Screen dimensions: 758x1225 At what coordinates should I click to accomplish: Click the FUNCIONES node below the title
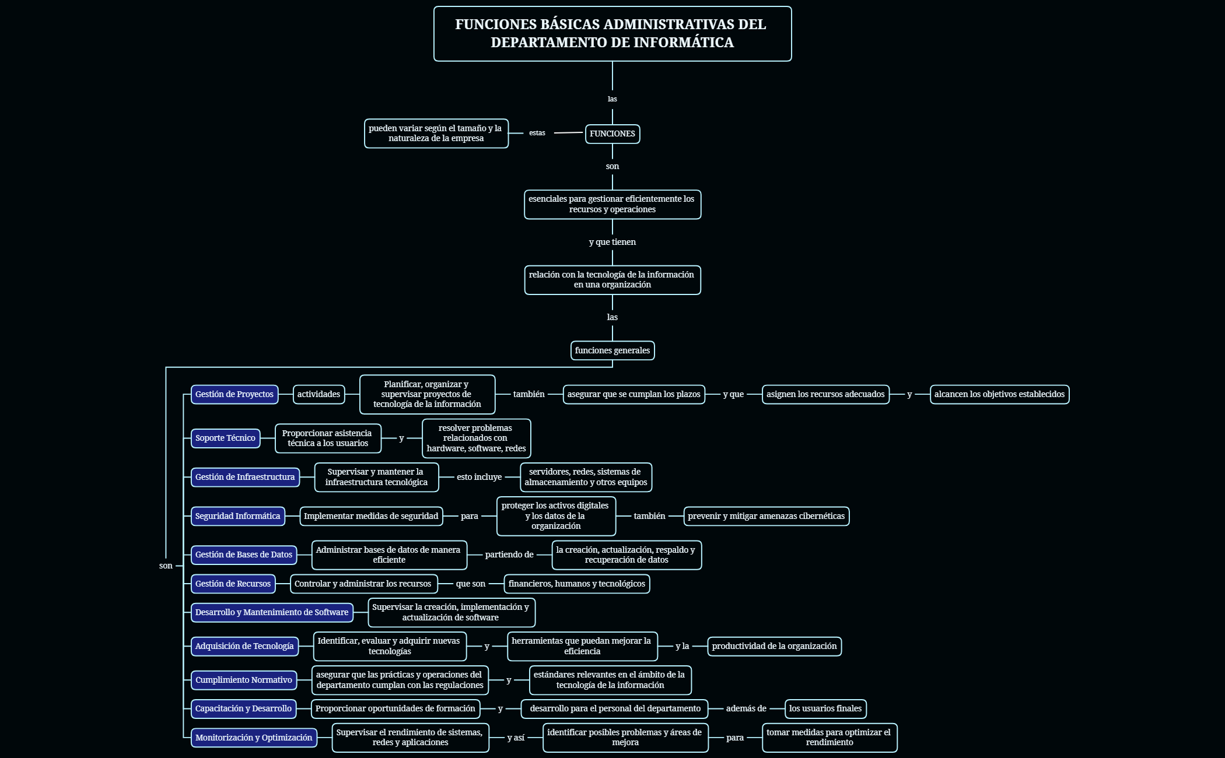[x=612, y=134]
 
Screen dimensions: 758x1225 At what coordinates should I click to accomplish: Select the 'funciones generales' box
[x=612, y=350]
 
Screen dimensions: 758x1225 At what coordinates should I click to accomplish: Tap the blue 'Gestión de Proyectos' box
[x=234, y=394]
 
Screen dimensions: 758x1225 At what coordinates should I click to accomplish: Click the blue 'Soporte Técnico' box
[x=225, y=438]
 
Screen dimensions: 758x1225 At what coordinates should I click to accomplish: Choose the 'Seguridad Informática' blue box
[x=237, y=516]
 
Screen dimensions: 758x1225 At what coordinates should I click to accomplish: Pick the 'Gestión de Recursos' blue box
[x=233, y=584]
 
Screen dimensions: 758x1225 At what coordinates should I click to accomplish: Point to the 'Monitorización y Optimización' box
[x=254, y=738]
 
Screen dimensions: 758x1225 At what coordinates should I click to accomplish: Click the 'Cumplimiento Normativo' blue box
[x=243, y=680]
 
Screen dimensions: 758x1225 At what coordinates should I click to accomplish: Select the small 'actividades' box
[x=318, y=394]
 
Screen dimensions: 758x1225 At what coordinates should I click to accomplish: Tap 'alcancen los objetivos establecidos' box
[x=999, y=394]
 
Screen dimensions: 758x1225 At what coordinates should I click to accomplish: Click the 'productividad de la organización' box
[x=774, y=646]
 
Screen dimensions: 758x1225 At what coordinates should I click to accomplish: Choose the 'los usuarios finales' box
[x=825, y=708]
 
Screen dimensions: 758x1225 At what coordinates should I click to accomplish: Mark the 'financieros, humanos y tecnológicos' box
[x=576, y=584]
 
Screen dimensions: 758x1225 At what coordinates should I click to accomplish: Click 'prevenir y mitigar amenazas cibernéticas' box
[x=766, y=516]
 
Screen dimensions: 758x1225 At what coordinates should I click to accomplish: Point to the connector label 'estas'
[x=537, y=133]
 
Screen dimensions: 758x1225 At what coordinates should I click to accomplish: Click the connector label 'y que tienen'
[x=612, y=242]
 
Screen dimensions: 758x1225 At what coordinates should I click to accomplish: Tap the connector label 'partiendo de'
[x=509, y=555]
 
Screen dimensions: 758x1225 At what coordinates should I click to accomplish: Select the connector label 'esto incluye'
[x=479, y=477]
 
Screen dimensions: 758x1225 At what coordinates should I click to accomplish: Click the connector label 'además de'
[x=746, y=708]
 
